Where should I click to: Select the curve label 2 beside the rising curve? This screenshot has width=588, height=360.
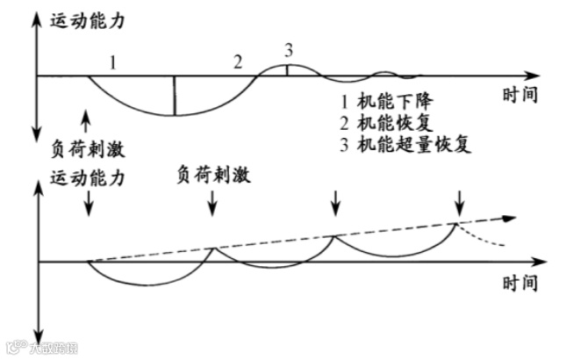(237, 62)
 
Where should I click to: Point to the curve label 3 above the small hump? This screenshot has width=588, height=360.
(288, 49)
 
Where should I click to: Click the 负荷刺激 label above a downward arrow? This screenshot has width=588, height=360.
(214, 176)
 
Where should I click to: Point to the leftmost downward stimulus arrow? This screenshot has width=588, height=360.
(90, 205)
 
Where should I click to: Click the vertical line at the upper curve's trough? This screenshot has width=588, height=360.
(174, 96)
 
